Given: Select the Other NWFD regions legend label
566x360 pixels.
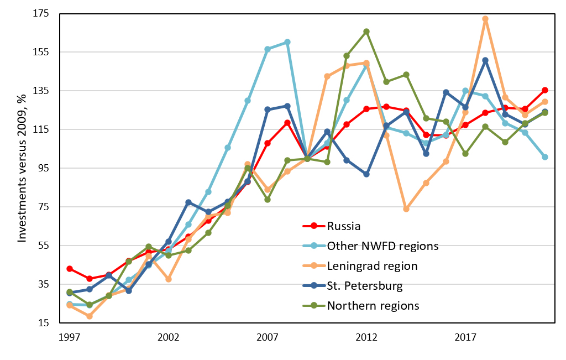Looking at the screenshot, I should (382, 246).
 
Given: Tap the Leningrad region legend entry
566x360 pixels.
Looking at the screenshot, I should (372, 265).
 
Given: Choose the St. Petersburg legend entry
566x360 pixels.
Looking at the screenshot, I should (364, 286).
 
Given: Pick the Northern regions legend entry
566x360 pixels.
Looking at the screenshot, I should (373, 306).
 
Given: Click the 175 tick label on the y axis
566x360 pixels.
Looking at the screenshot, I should (42, 13).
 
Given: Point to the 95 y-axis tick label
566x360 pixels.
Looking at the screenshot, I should (45, 168).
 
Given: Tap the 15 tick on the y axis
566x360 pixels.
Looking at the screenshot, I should (45, 323).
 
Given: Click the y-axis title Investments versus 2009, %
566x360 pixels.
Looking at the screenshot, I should (22, 168).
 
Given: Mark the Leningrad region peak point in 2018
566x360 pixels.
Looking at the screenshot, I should (485, 19).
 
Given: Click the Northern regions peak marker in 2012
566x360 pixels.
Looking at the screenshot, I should (366, 32).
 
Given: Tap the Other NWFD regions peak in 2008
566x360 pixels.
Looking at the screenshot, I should (287, 42).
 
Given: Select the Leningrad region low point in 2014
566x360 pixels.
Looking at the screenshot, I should (406, 209).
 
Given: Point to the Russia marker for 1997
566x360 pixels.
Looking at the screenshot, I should (70, 269).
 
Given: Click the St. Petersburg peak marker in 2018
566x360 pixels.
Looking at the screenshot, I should (485, 60).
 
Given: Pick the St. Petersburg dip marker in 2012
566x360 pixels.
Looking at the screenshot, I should (366, 174).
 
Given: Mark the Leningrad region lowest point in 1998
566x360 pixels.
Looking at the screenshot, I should (90, 316).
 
